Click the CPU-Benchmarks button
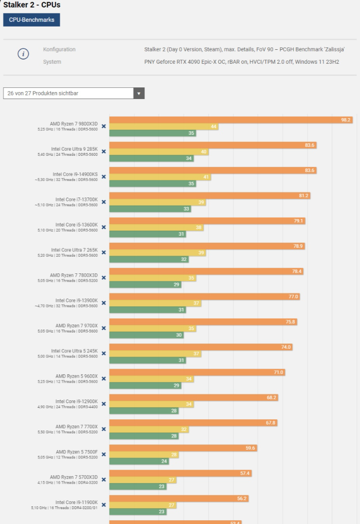[x=32, y=20]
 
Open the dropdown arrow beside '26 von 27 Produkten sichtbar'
[x=139, y=93]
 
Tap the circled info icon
[x=23, y=54]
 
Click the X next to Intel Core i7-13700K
[x=104, y=202]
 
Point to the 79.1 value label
[x=299, y=221]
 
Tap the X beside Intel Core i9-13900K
[x=104, y=303]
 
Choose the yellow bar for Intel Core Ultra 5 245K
[x=155, y=354]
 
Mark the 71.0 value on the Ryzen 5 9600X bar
[x=279, y=372]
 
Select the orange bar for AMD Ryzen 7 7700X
[x=193, y=423]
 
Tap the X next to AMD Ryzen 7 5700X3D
[x=104, y=479]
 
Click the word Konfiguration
[x=59, y=49]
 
